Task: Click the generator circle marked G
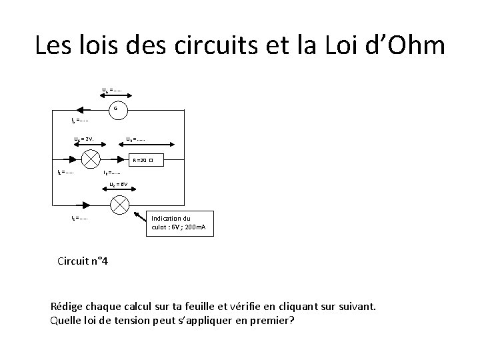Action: (115, 109)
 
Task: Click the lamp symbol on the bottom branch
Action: (119, 205)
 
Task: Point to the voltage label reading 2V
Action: (83, 139)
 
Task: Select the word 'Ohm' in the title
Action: (414, 46)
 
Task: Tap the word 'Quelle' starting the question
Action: (67, 321)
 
